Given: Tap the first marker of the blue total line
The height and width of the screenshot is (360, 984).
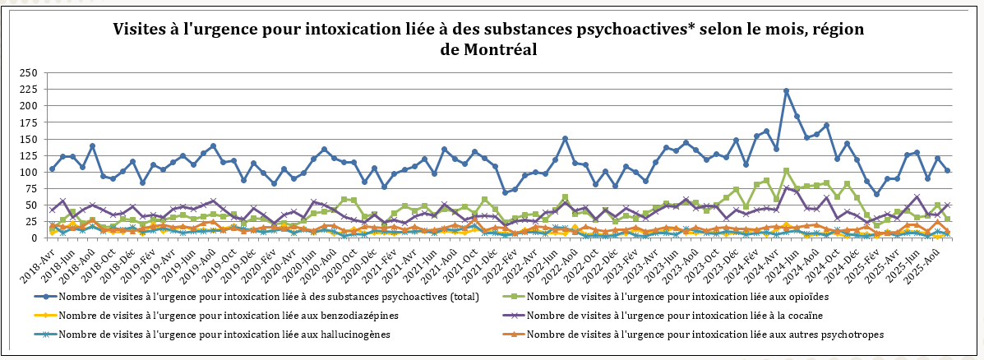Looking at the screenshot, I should coord(53,169).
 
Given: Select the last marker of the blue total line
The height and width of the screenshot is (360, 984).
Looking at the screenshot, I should coord(948,170).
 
